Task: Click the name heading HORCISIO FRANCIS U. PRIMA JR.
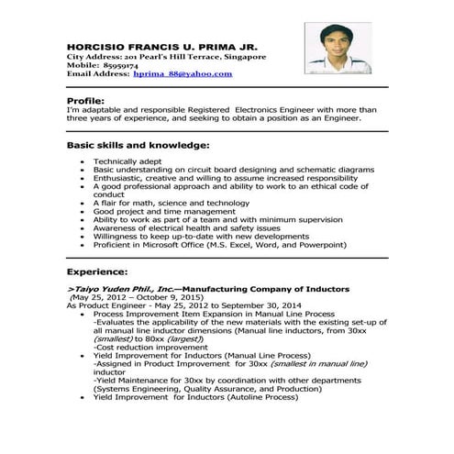click(x=161, y=45)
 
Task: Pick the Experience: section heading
click(x=97, y=272)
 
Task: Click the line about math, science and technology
click(x=171, y=203)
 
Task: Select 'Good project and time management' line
click(x=164, y=211)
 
